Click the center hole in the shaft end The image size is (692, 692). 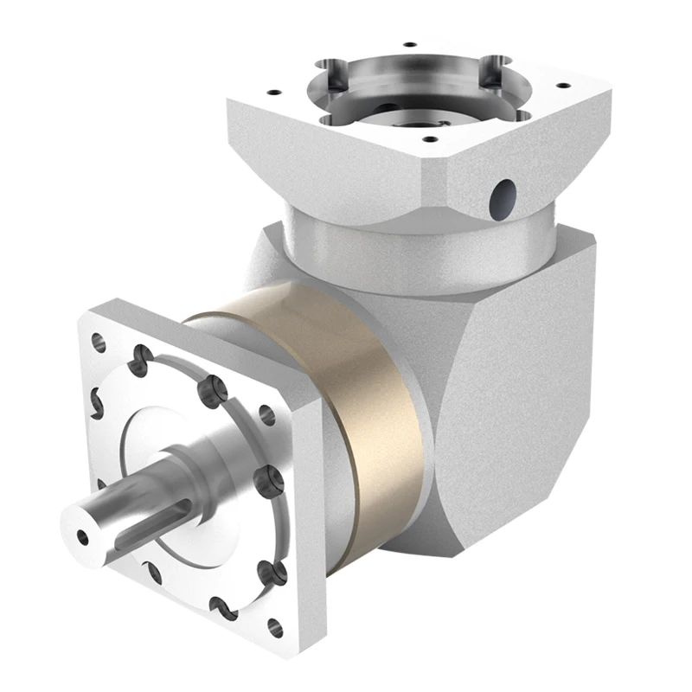[84, 536]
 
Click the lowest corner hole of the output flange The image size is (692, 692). [275, 627]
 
